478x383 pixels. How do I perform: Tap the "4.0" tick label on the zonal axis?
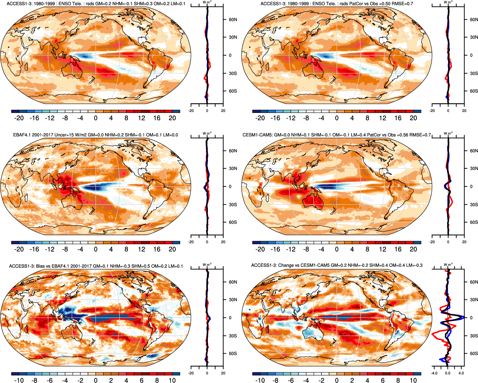(x=461, y=373)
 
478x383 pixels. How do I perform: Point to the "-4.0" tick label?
(x=434, y=373)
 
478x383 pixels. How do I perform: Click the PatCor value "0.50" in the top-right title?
(x=386, y=4)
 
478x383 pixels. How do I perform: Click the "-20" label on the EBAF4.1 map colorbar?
(x=19, y=249)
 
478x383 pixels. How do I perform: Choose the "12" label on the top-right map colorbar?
(x=383, y=118)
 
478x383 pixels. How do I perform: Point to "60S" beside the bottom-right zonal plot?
(x=474, y=354)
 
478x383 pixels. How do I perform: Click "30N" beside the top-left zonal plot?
(x=233, y=37)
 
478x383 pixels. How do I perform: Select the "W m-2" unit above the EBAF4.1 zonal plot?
(x=207, y=133)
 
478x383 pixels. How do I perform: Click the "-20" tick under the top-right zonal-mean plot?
(x=432, y=111)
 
